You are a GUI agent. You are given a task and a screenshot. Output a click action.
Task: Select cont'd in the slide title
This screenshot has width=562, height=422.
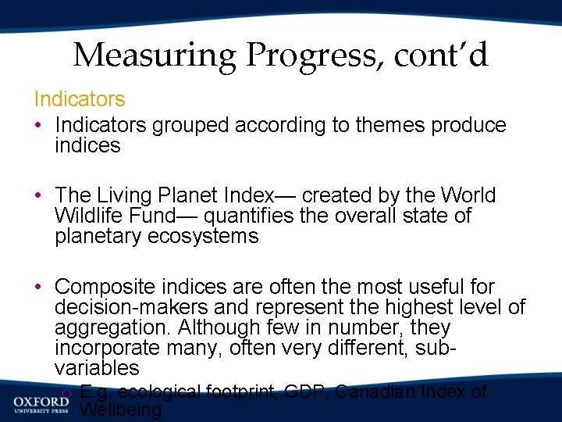pyautogui.click(x=441, y=55)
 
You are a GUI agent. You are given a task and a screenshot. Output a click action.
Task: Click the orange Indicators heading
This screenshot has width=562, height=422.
pyautogui.click(x=79, y=99)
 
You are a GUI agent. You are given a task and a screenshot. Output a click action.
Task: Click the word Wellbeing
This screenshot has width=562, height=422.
pyautogui.click(x=121, y=410)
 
